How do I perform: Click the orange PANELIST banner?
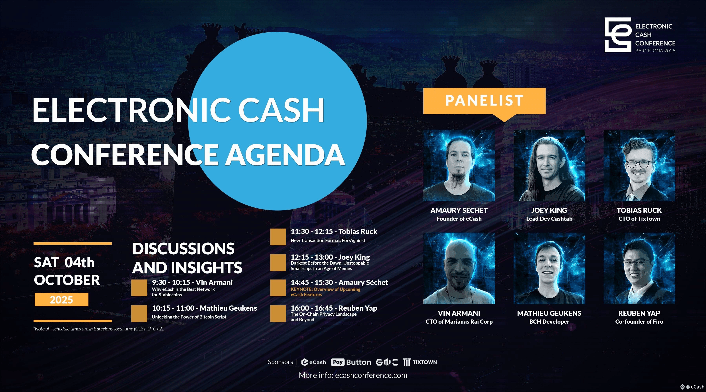tap(484, 101)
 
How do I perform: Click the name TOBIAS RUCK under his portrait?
tap(639, 210)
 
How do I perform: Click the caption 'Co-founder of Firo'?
tap(639, 322)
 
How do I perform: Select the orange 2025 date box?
tap(61, 300)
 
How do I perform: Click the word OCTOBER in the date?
tap(67, 280)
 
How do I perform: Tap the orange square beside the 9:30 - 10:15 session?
tap(139, 288)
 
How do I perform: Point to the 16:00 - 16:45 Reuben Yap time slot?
tap(334, 308)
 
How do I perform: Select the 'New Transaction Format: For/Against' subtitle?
tap(328, 240)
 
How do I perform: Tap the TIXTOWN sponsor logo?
tap(420, 362)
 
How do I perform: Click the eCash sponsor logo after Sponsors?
tap(314, 362)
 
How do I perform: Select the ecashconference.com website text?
tap(371, 375)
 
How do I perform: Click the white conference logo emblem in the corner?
tap(618, 35)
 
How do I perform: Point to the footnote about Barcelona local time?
tap(99, 329)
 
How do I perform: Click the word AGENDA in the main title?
tap(285, 155)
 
